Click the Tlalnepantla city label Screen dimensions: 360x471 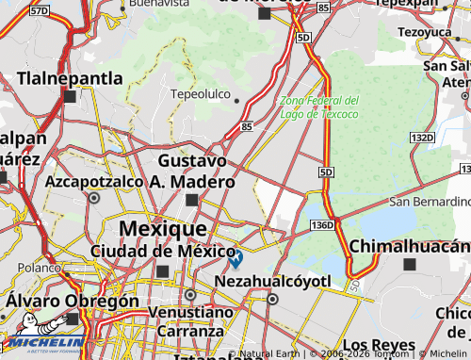[x=76, y=76]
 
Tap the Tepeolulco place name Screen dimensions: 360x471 [x=200, y=94]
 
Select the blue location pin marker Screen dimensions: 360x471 [x=235, y=256]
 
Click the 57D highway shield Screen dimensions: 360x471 [x=39, y=10]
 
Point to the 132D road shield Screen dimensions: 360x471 [x=422, y=139]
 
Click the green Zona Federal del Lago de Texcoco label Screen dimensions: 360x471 [x=318, y=107]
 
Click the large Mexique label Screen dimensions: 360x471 [x=163, y=229]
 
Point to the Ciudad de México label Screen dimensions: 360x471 [x=162, y=251]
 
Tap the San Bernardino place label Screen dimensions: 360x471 [x=430, y=202]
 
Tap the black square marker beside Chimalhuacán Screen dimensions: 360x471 [x=409, y=265]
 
